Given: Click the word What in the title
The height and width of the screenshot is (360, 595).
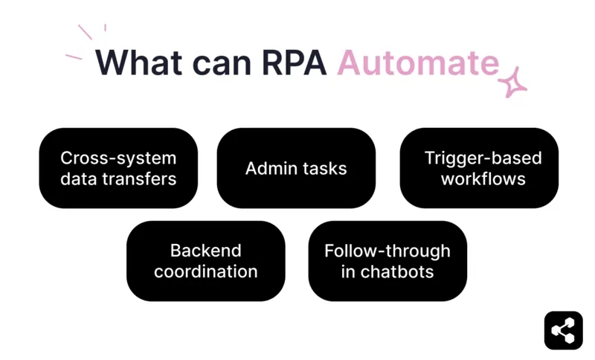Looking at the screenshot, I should [x=138, y=62].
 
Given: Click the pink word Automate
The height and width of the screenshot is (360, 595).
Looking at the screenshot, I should [x=417, y=62].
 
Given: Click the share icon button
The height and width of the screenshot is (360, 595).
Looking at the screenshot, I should [x=563, y=330].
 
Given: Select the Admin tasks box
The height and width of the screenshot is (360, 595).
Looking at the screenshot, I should [x=296, y=168].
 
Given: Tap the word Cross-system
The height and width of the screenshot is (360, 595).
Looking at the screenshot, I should [x=118, y=158].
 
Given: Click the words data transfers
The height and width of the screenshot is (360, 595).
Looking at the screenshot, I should [x=118, y=179].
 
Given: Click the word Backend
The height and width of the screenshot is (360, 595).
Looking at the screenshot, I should [x=205, y=251].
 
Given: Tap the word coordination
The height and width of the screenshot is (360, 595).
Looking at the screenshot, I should [x=205, y=271].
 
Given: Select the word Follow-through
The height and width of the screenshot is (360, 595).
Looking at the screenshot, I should [x=387, y=251].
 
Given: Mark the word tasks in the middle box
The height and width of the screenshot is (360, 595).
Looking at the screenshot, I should [x=324, y=168].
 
